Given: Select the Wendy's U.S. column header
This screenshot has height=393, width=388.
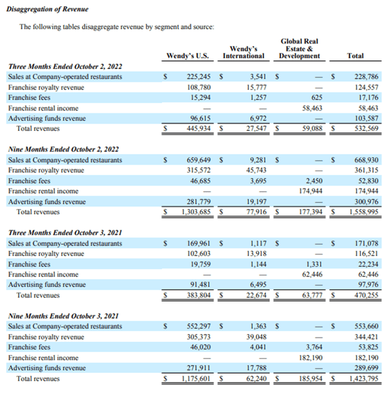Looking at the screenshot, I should pos(187,56).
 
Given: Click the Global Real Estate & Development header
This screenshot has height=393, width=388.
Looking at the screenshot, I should pos(299,48).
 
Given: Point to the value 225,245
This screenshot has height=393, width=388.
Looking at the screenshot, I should pos(196,77).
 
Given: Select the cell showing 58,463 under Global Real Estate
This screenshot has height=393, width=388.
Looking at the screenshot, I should pos(308,108).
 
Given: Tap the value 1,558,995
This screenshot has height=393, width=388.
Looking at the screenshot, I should pos(363,212).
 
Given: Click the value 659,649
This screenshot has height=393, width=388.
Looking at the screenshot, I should pos(196,160).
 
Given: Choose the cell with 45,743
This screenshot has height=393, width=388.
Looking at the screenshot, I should pos(253,171).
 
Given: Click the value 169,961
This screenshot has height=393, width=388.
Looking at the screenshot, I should pos(196,243).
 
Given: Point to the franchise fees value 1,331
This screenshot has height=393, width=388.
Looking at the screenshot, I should pos(311,264).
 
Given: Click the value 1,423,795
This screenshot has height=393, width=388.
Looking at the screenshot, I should pos(363,379).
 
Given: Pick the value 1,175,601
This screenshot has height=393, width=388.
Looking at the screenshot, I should pos(193,379).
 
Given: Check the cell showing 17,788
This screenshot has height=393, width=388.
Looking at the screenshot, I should pos(253,368).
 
